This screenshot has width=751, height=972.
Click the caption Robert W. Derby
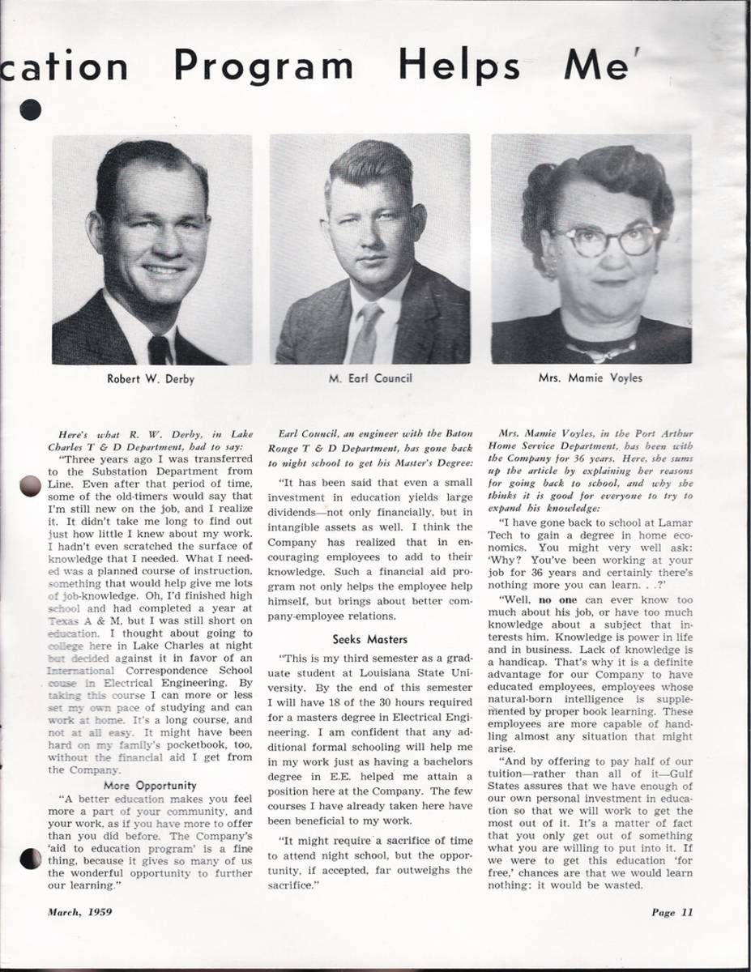click(x=151, y=378)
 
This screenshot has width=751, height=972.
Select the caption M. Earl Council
click(x=370, y=378)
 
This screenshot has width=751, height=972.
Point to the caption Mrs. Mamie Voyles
click(x=591, y=378)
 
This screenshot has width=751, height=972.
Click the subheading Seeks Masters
click(x=370, y=639)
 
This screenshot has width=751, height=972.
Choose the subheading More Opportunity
click(x=150, y=785)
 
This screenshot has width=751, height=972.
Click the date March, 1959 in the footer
click(x=80, y=911)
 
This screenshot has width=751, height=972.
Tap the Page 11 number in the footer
click(x=672, y=912)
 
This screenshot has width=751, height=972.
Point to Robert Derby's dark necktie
click(x=159, y=349)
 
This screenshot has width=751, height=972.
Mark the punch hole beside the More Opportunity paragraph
click(x=30, y=858)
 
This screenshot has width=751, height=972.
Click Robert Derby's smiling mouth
click(x=163, y=270)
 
